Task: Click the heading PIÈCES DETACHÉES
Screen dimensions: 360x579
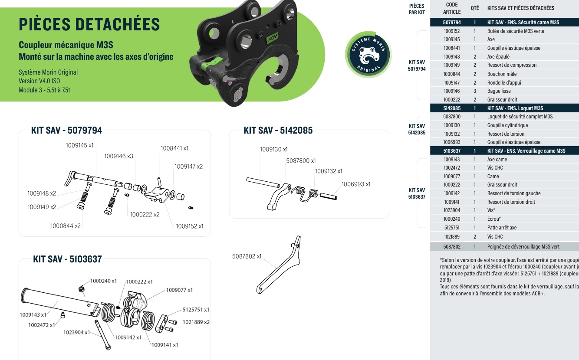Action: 89,24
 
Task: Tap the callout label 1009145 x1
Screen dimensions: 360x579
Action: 79,146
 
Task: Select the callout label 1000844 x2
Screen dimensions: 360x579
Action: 66,226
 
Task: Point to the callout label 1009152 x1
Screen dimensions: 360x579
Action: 189,226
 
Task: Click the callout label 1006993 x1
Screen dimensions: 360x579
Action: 355,184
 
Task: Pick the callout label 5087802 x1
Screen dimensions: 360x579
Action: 247,256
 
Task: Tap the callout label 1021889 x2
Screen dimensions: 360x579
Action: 196,322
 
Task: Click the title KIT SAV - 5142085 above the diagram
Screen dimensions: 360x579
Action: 278,130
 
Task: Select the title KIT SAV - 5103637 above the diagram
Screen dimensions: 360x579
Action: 67,259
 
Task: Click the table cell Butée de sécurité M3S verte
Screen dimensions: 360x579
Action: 515,31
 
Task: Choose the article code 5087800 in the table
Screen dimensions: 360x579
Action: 452,117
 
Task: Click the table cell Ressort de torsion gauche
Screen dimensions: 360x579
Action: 513,193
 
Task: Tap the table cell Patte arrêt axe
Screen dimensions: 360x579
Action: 502,228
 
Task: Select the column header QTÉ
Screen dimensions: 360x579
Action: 475,8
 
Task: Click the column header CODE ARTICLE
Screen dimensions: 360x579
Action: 452,8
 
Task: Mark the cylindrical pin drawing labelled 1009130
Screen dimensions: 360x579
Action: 263,182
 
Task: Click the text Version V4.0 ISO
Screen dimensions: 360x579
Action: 39,81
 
